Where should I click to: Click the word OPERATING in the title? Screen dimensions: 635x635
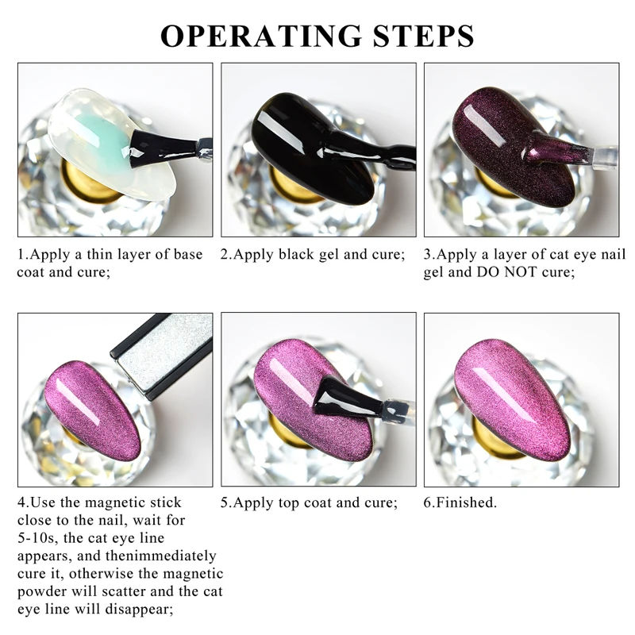249,36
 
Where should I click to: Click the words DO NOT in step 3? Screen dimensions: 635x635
504,272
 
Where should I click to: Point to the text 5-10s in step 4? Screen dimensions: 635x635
39,538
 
